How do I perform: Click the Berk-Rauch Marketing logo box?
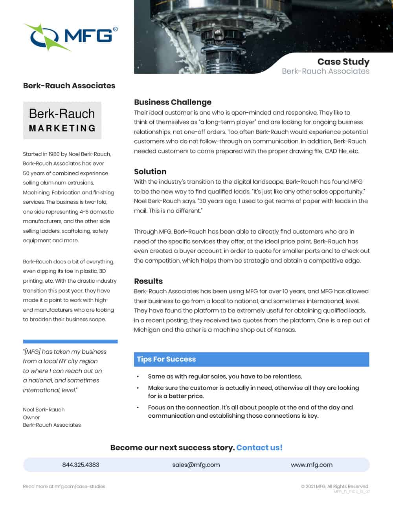tap(62, 120)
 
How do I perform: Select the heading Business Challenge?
tap(173, 102)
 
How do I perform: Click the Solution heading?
tap(150, 172)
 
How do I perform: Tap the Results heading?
tap(148, 281)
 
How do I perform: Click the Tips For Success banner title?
tap(166, 359)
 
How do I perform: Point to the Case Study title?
tap(343, 62)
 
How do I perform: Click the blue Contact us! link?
tap(259, 448)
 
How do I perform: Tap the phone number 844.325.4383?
tap(81, 465)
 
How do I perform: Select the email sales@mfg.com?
tap(196, 465)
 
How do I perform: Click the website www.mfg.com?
tap(312, 465)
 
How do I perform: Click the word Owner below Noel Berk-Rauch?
tap(31, 417)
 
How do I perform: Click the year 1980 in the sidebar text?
tap(54, 154)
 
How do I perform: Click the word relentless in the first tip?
tap(287, 376)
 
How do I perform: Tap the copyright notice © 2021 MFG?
tap(334, 486)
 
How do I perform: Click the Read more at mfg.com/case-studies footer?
tap(64, 486)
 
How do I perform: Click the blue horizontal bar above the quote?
tap(70, 342)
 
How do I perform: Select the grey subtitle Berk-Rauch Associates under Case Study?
tap(325, 71)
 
